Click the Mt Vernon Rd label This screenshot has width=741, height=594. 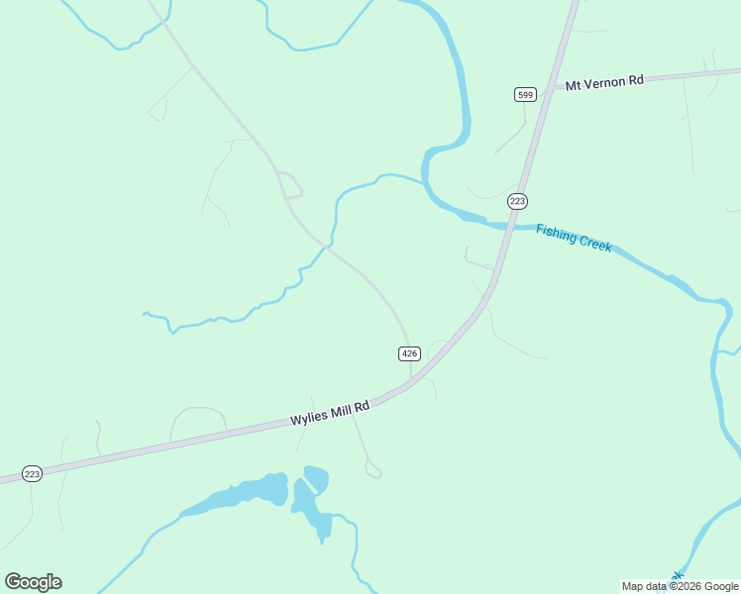pos(604,82)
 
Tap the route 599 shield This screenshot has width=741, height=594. pos(525,94)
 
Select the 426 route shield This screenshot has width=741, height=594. pos(410,353)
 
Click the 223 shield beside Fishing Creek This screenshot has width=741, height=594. pos(517,201)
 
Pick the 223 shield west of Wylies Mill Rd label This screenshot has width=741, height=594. pos(32,474)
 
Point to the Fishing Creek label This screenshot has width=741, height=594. pos(574,238)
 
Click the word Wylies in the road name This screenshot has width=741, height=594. pos(309,418)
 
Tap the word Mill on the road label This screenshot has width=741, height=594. pos(342,410)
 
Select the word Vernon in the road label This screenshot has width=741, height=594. pos(605,82)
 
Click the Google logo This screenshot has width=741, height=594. pos(33,582)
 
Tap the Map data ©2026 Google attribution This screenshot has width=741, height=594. pos(680,586)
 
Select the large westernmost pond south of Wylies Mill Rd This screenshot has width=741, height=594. pos(238,495)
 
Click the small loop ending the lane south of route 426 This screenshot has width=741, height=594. pos(372,470)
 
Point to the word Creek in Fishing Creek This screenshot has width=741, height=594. pos(594,244)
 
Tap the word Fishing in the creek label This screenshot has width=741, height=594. pos(556,233)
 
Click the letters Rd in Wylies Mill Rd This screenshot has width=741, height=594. pos(363,406)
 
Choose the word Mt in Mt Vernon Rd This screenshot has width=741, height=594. pos(573,85)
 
